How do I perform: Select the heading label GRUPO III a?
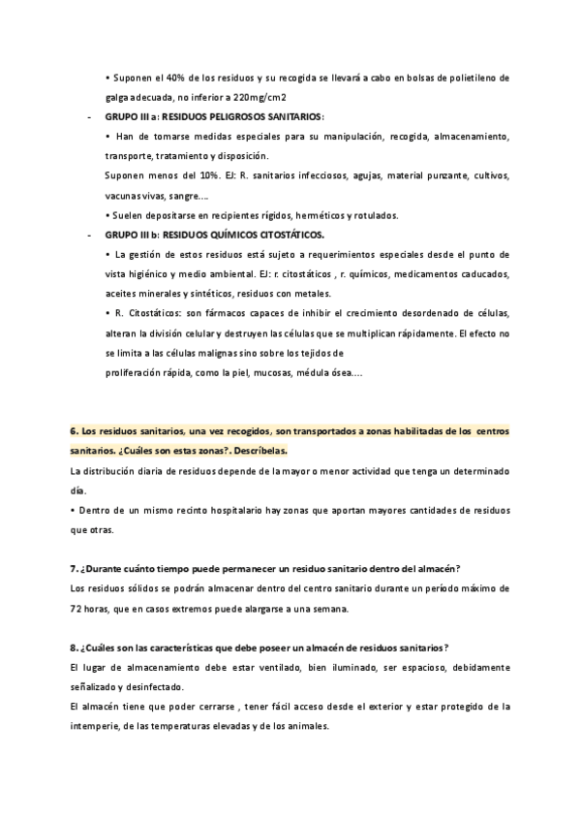(130, 116)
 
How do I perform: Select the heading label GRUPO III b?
(130, 235)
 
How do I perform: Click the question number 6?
(75, 430)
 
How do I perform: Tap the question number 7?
(75, 568)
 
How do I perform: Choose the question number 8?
(75, 648)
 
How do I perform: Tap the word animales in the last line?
(310, 726)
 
